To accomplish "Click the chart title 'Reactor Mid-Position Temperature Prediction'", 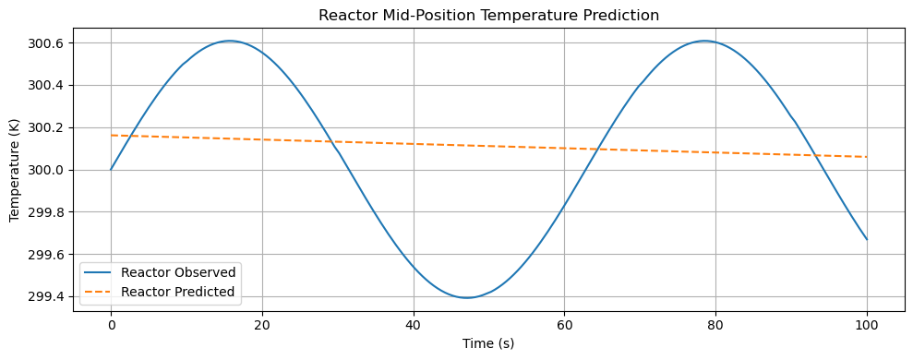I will (x=488, y=15).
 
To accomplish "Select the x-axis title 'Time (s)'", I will (x=488, y=343).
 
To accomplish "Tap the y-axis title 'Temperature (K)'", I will (x=14, y=170).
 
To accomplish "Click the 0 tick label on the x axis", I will (x=111, y=325).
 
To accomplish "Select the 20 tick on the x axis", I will (x=262, y=325).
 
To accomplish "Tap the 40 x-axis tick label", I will (x=414, y=325).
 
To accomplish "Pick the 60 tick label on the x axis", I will (x=565, y=325).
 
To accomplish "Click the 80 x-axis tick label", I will (x=716, y=325).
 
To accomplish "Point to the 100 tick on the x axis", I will (x=868, y=325).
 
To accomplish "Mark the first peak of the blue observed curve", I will (x=230, y=41).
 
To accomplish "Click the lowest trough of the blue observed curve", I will (x=467, y=297).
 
